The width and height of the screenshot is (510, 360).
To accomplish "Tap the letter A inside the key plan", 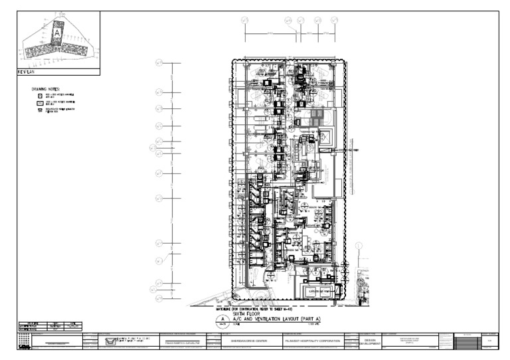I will coord(58,32).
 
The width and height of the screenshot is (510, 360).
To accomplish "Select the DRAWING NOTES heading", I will coord(46,88).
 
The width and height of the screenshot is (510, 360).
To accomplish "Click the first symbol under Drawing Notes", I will coord(40,96).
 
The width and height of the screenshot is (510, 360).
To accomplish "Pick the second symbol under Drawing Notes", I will coord(40,103).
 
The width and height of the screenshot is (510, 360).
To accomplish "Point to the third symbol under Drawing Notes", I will coord(40,110).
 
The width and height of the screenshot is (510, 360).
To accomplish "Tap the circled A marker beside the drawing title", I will coord(222,319).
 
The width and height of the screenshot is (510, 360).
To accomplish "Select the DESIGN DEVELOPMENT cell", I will coord(370,341).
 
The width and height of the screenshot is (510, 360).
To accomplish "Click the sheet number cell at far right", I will coord(490,341).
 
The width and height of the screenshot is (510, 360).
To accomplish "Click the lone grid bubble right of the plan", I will coord(359,246).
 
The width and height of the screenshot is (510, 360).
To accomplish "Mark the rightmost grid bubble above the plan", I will coord(332,21).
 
